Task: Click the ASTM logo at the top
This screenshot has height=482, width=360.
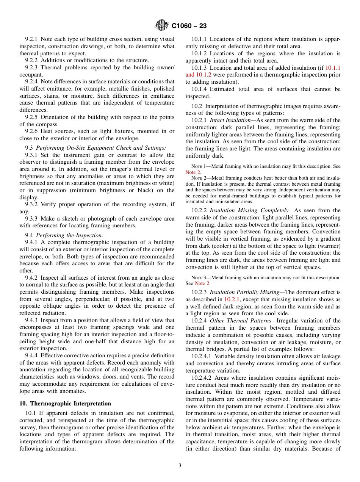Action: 162,26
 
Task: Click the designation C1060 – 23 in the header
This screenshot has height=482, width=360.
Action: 189,26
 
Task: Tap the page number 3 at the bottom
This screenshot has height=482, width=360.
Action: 180,465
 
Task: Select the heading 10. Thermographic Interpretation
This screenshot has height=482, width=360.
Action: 65,403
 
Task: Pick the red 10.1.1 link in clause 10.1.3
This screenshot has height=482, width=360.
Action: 333,68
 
